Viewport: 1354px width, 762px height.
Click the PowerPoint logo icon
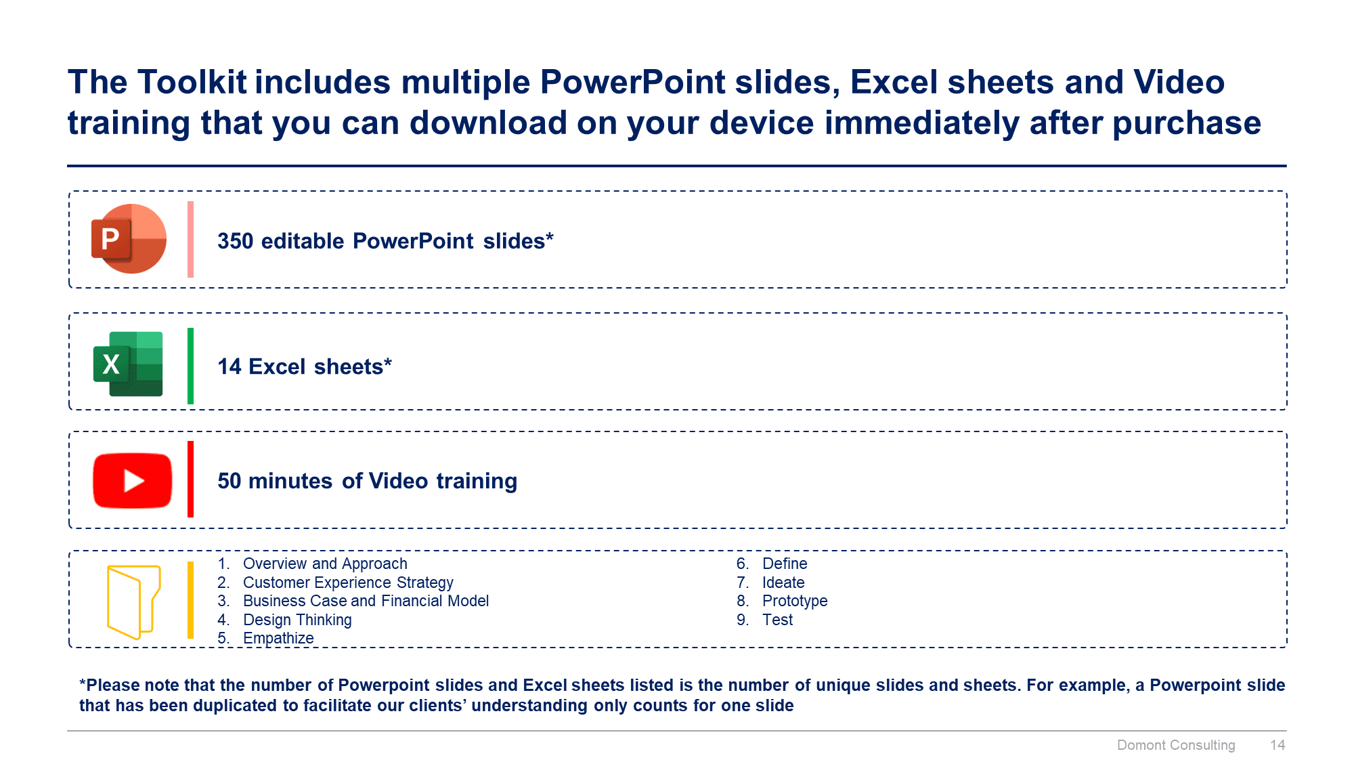click(129, 238)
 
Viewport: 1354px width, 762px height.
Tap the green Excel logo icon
click(128, 364)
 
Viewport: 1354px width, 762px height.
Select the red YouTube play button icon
click(133, 480)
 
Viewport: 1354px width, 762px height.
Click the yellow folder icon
click(133, 602)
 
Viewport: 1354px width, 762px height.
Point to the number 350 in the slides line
click(235, 241)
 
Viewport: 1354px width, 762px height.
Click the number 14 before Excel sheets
click(230, 366)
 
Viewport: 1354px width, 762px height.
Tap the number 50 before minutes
click(230, 481)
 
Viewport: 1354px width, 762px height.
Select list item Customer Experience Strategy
click(348, 583)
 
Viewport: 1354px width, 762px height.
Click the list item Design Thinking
click(297, 620)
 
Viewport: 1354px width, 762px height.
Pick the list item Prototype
click(795, 601)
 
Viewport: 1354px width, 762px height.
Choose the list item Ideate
click(783, 583)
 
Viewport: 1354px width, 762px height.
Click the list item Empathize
click(278, 638)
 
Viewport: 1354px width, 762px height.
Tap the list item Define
click(785, 564)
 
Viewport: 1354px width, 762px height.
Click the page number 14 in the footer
click(1277, 745)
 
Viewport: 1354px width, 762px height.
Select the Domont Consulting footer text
click(1176, 745)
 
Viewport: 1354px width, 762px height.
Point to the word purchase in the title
click(1187, 124)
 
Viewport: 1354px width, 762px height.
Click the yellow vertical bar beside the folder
click(190, 600)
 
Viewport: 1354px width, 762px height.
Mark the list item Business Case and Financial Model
click(366, 601)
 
